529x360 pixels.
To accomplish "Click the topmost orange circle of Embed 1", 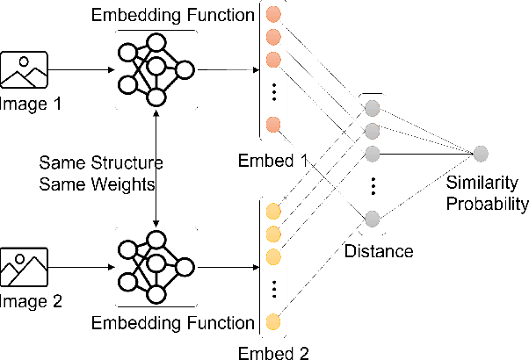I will tap(274, 15).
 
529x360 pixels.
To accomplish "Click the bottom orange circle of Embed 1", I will tap(274, 123).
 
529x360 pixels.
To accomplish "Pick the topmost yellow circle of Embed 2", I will tap(274, 212).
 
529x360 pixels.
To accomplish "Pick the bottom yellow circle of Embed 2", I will tap(274, 320).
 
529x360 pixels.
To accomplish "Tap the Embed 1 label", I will tap(274, 162).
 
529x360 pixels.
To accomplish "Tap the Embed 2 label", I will tap(274, 353).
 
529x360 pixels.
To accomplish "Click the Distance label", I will tap(380, 251).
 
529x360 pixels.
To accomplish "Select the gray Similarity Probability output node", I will tap(480, 153).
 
